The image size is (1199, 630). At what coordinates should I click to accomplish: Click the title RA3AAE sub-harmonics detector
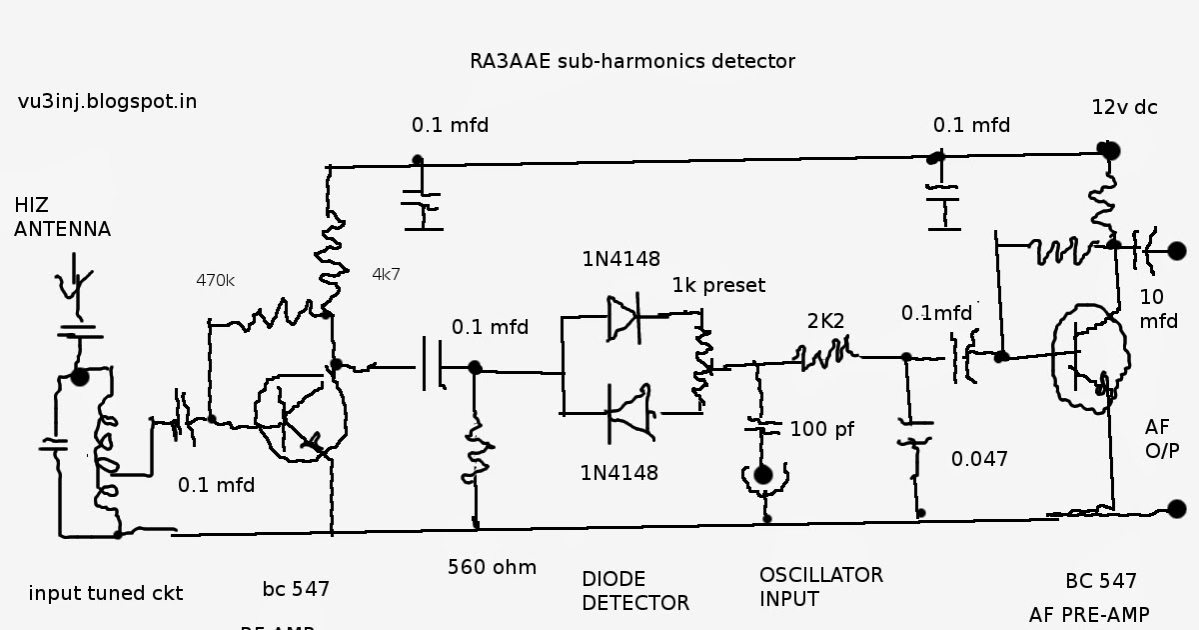point(632,61)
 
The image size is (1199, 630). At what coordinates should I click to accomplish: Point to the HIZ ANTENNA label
point(62,217)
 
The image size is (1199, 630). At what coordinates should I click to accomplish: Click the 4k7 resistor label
point(386,273)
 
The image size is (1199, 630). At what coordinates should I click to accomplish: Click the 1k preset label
point(718,285)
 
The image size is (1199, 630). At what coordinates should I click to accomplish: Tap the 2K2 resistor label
point(826,321)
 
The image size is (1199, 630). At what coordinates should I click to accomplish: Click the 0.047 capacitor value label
point(979,459)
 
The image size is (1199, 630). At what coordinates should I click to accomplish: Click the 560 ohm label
point(492,568)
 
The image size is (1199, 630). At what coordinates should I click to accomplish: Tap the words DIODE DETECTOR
point(635,591)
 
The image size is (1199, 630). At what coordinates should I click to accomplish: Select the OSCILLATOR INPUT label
point(821,587)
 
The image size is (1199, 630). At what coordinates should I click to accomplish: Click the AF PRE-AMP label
point(1089,614)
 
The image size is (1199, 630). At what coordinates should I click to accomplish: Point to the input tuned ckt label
point(106,593)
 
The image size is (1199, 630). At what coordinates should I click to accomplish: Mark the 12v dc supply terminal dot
point(1107,150)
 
